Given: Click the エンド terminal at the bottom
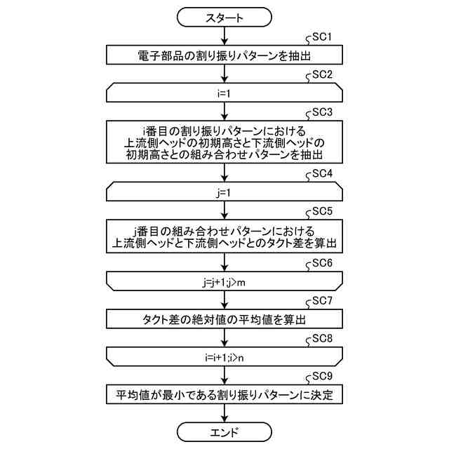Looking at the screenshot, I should coord(224,431).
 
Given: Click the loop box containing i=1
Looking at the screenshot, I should coord(224,91).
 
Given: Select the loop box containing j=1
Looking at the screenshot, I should coord(224,190).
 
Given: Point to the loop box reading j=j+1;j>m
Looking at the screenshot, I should coord(224,281).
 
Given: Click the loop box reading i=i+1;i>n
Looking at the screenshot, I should coord(224,356).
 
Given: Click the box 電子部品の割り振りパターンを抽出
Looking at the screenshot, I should coord(224,54).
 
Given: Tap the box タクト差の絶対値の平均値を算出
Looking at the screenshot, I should coord(224,319).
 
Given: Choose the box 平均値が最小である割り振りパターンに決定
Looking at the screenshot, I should coord(224,394).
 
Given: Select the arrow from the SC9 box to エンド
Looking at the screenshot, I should coord(224,412).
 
